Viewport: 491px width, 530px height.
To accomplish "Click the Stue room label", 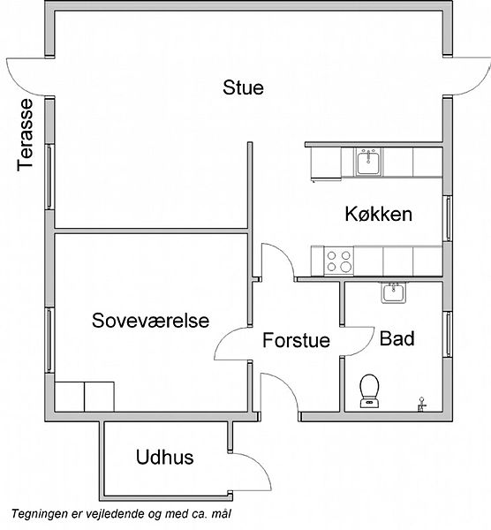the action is pos(243,87).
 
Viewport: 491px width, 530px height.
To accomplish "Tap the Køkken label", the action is pos(379,214).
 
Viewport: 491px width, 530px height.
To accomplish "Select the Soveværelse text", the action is pos(150,320).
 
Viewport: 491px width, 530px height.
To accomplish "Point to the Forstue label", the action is pos(297,340).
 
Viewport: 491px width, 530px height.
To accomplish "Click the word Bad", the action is pos(397,338).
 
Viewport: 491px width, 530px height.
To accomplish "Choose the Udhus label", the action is pos(165,457).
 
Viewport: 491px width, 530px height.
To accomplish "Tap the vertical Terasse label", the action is pos(26,135).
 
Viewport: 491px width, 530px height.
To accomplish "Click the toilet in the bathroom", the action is pos(369,390).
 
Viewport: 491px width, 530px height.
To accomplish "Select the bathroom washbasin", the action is pos(394,293).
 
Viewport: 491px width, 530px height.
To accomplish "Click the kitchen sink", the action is pos(368,162).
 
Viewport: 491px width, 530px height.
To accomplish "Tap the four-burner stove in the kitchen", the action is pos(339,261).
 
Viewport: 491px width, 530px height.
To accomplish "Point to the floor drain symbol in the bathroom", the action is pos(421,404).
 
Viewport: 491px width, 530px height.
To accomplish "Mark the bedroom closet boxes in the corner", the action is pos(85,397).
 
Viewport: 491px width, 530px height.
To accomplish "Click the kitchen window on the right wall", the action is pos(448,218).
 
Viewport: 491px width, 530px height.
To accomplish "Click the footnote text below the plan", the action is pos(122,514).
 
